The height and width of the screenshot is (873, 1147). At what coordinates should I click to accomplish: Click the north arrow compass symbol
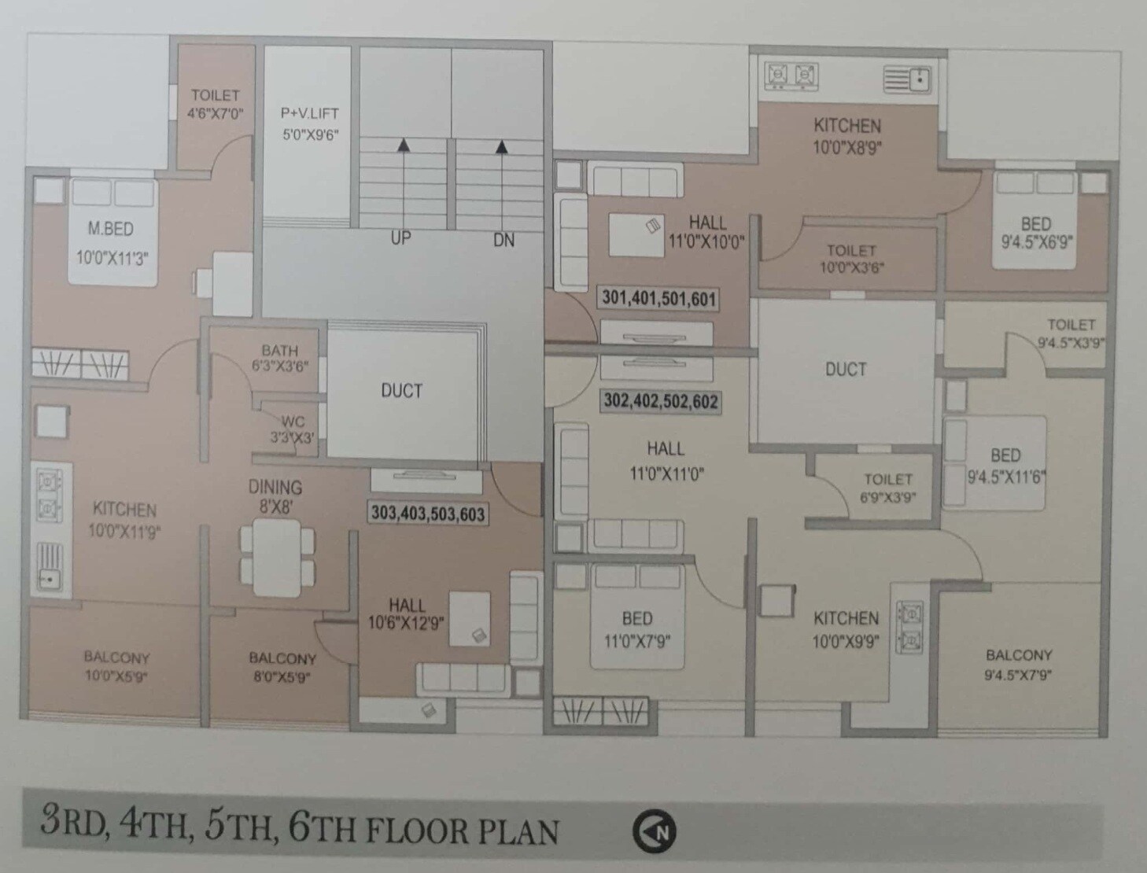[655, 831]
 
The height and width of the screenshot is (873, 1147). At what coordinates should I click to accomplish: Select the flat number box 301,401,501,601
[658, 298]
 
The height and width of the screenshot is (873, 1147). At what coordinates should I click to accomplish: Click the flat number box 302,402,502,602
[660, 401]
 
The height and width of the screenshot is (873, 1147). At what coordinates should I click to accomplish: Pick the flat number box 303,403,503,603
[428, 514]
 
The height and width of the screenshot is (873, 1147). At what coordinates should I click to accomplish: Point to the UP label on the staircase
[401, 238]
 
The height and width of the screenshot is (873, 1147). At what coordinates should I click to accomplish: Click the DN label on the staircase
[503, 240]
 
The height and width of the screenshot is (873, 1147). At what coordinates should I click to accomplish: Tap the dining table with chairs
[277, 556]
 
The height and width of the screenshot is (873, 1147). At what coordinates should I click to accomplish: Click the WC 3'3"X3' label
[292, 430]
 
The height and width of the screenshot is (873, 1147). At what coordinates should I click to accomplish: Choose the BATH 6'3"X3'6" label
[279, 358]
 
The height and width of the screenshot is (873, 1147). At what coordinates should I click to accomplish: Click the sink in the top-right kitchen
[907, 79]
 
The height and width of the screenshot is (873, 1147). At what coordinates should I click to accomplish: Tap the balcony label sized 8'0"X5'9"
[282, 667]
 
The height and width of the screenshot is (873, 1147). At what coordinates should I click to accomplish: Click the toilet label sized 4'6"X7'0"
[215, 104]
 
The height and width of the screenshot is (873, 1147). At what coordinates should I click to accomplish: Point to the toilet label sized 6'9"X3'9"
[888, 488]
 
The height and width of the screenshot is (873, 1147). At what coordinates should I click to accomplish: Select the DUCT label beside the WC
[401, 391]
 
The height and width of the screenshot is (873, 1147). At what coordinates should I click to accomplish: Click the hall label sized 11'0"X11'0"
[666, 460]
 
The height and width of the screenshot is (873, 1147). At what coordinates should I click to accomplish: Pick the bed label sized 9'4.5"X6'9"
[1036, 233]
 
